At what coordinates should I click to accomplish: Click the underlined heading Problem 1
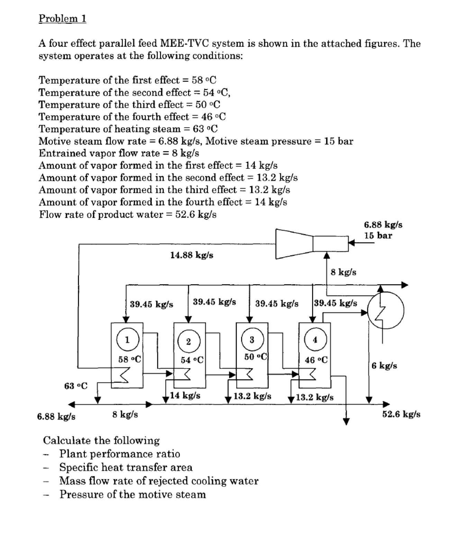click(x=62, y=18)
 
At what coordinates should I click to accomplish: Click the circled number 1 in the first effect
click(x=127, y=340)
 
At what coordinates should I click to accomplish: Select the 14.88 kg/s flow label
click(x=192, y=255)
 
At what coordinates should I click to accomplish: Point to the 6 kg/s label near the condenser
click(x=384, y=366)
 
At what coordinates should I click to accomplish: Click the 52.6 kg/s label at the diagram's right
click(x=401, y=414)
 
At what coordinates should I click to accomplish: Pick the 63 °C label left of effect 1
click(x=76, y=386)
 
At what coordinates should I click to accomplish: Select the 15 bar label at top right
click(x=378, y=236)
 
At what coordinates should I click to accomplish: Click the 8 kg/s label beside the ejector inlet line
click(x=343, y=272)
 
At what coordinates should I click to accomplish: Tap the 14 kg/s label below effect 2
click(x=185, y=395)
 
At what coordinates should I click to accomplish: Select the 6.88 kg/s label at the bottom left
click(x=56, y=416)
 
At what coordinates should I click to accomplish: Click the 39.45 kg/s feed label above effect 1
click(x=152, y=304)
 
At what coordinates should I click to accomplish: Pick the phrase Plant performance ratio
click(x=119, y=454)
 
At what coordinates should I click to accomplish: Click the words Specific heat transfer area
click(x=126, y=467)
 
